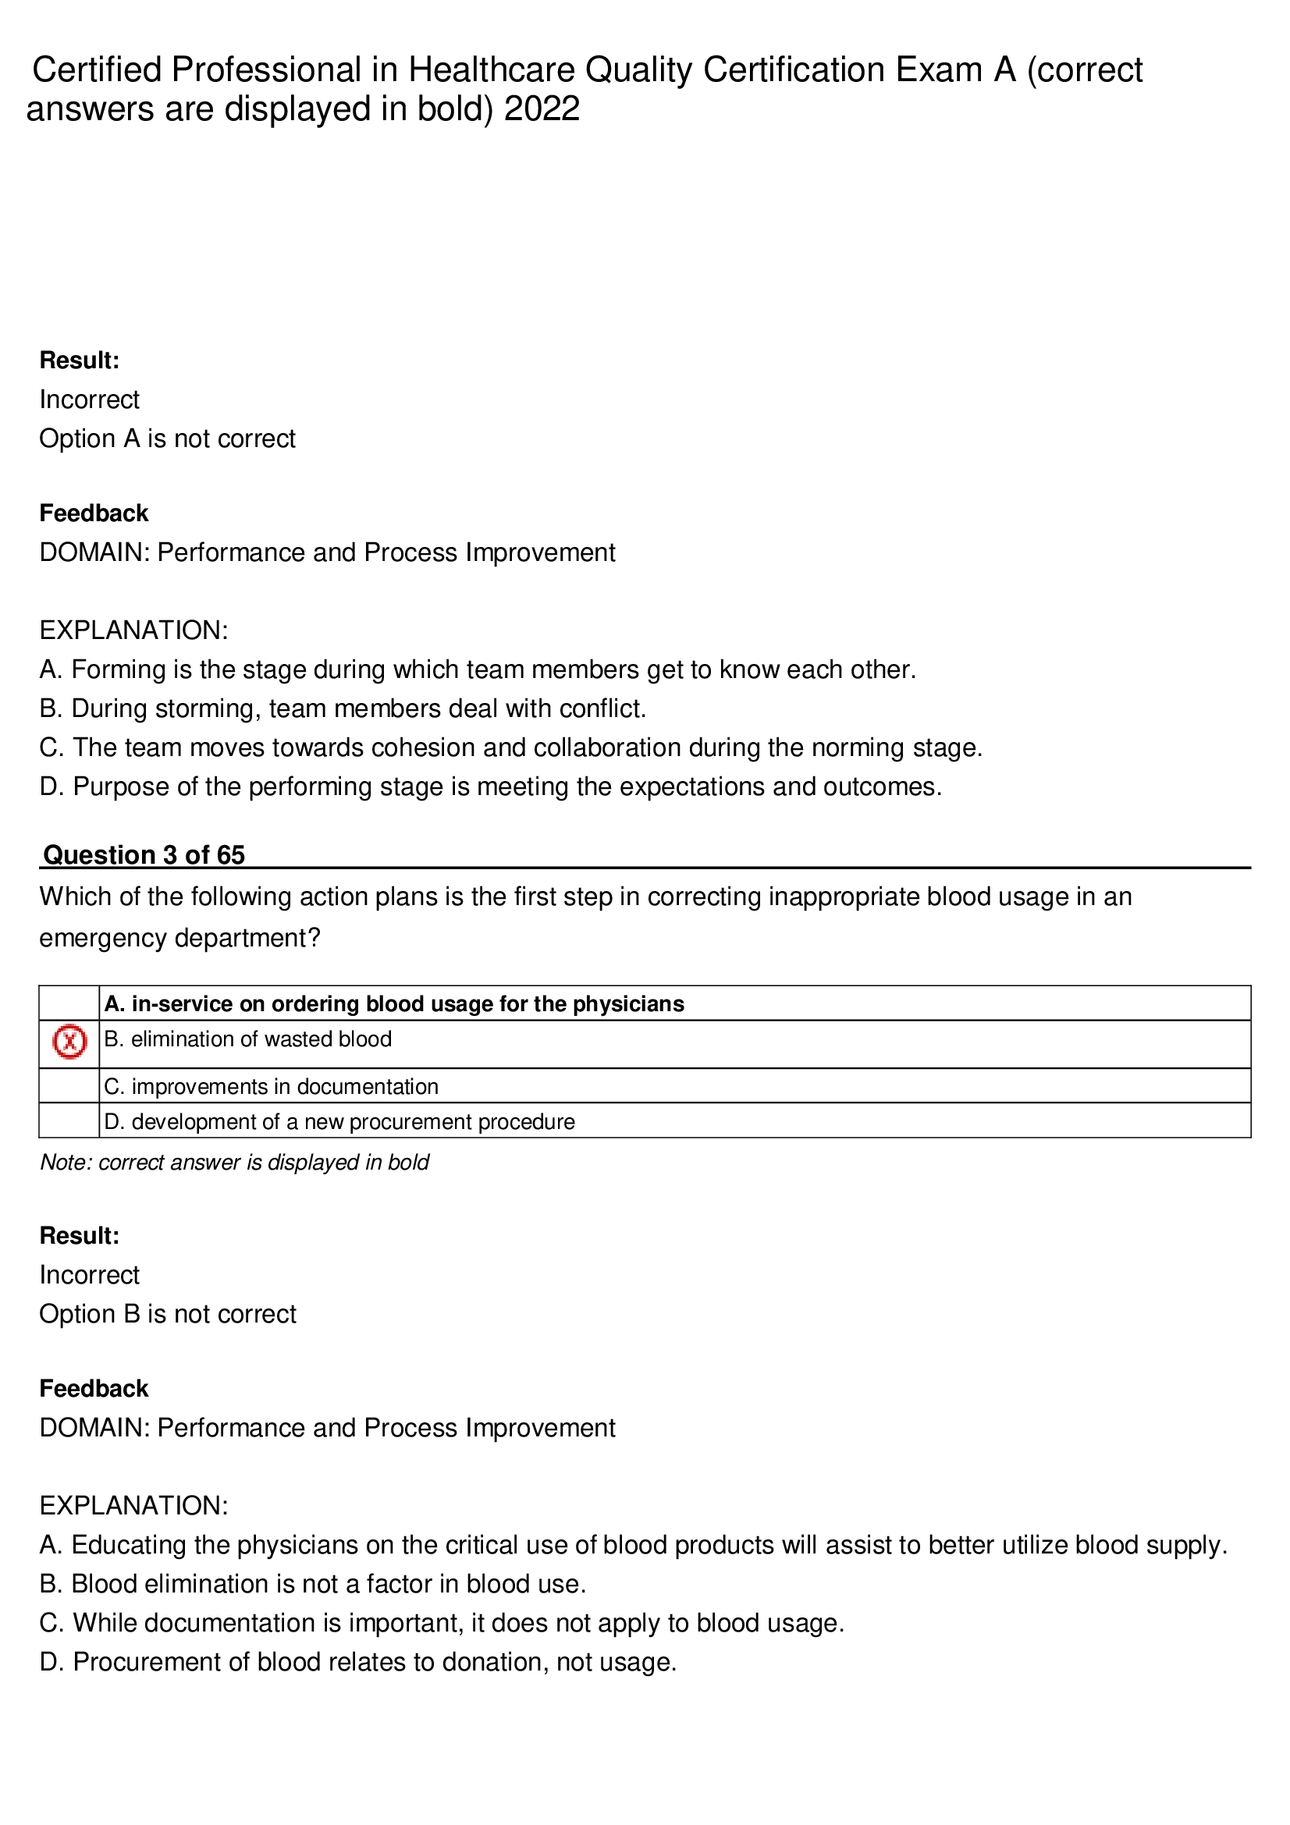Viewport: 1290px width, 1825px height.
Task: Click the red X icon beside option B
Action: point(69,1042)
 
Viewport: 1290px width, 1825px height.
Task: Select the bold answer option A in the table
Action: point(393,1003)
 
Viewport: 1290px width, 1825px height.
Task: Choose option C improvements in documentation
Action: point(271,1086)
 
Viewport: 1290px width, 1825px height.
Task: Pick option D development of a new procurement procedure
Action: point(339,1120)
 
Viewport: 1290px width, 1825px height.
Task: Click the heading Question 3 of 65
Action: point(144,854)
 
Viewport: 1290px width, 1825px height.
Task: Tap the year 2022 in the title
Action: point(542,109)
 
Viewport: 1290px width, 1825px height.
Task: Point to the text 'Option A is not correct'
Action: point(167,438)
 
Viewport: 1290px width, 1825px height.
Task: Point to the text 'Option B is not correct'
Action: point(167,1313)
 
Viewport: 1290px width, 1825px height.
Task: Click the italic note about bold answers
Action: point(234,1162)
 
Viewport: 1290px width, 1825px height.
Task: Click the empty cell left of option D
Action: point(69,1120)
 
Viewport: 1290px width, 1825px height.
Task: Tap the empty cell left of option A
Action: point(69,1003)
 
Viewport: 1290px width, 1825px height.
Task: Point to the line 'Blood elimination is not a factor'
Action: point(312,1583)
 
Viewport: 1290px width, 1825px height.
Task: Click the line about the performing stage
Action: point(490,786)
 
